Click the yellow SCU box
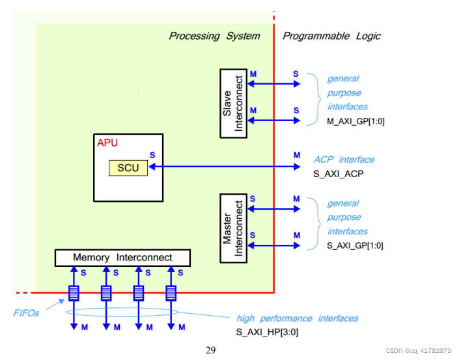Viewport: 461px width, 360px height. (128, 168)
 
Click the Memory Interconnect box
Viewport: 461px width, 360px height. (122, 257)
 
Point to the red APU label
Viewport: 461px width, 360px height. (107, 143)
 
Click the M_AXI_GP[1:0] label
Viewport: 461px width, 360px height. (355, 120)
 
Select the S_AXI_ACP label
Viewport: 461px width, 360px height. (339, 174)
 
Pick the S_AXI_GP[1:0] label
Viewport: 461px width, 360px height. (355, 245)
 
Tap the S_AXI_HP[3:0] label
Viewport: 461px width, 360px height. (267, 332)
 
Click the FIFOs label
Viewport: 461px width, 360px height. (27, 312)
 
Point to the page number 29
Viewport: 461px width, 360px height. (210, 350)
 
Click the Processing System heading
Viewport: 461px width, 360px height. (214, 36)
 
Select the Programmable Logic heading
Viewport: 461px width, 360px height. (331, 36)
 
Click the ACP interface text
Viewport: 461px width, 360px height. (344, 159)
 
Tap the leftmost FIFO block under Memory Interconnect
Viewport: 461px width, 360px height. (74, 293)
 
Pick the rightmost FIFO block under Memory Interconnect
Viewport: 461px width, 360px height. (171, 293)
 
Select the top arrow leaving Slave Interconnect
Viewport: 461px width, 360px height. (272, 83)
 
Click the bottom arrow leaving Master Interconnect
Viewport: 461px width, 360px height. (272, 245)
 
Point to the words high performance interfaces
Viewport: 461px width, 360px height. (297, 318)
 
